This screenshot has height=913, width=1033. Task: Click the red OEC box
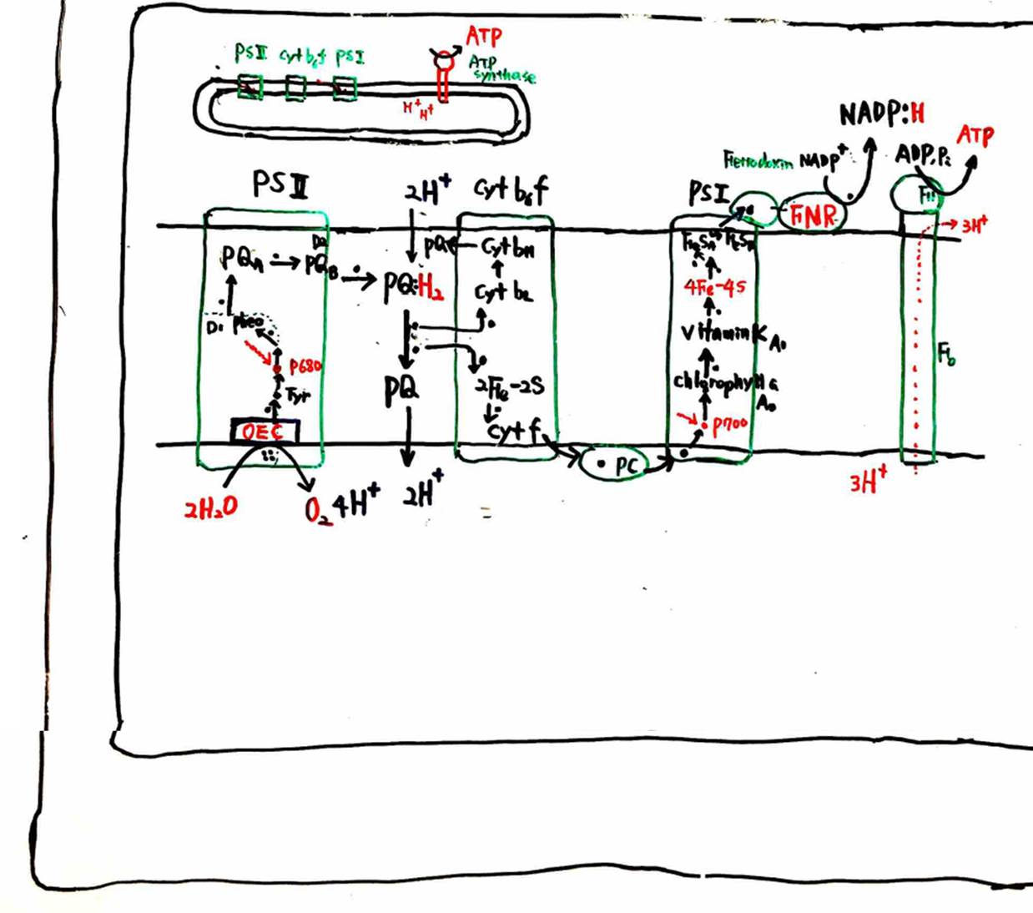point(264,431)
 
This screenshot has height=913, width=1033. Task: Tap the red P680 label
point(305,366)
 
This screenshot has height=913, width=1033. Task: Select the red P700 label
point(730,423)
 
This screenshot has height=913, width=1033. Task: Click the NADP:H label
point(882,113)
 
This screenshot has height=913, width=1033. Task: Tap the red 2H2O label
point(210,506)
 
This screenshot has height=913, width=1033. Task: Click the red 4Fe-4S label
point(714,287)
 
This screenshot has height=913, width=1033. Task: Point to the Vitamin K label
point(726,333)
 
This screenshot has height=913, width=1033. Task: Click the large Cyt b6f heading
point(511,190)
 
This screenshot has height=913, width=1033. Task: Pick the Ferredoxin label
point(758,159)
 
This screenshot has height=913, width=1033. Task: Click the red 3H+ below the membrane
point(869,482)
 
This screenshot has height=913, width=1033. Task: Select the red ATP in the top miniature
point(484,36)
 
